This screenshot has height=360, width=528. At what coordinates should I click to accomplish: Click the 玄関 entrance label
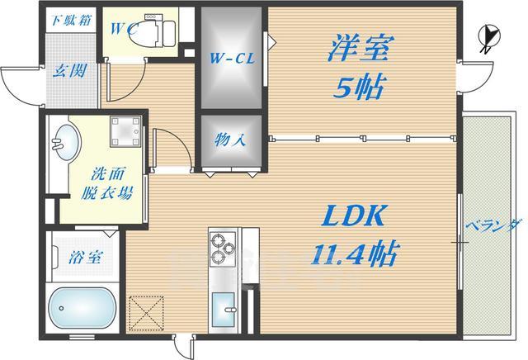click(68, 71)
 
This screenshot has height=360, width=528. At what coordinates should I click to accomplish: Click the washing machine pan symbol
click(126, 133)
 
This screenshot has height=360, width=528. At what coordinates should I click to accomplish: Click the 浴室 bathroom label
click(86, 256)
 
